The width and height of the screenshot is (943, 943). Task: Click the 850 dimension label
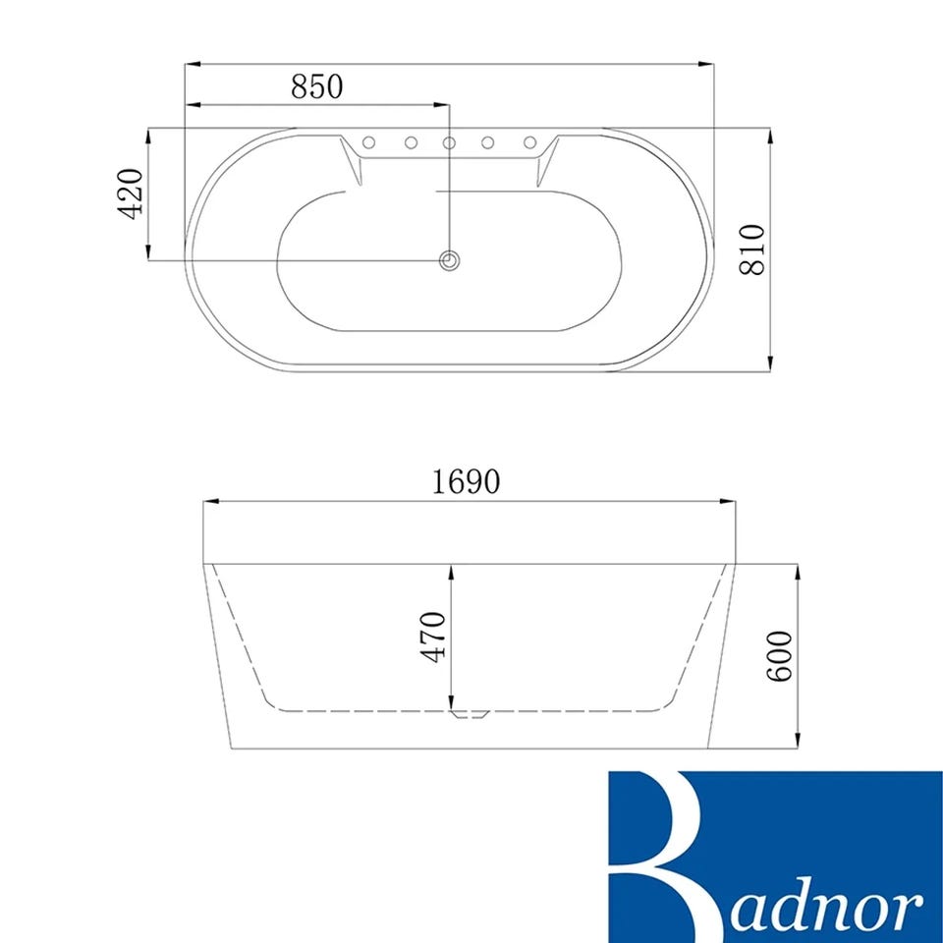[317, 86]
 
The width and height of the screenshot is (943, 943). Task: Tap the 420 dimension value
[130, 194]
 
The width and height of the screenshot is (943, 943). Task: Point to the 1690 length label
[466, 481]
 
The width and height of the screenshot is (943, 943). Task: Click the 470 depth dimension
[435, 637]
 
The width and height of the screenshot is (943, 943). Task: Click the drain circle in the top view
[449, 261]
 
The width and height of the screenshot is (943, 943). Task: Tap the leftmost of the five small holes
[369, 141]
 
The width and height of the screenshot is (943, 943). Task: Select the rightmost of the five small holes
[529, 141]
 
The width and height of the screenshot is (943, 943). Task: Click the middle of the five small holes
[449, 142]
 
